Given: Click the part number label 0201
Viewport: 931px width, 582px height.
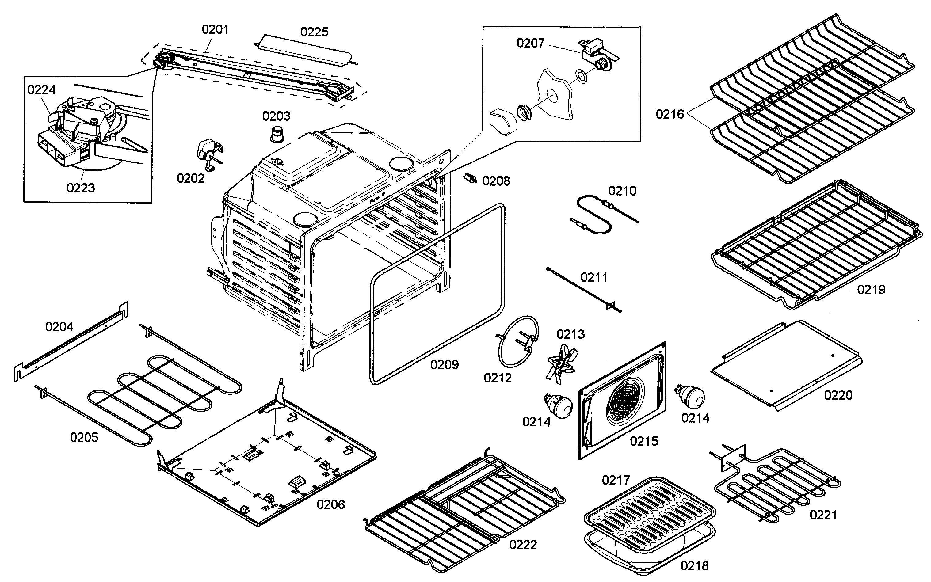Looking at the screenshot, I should point(215,30).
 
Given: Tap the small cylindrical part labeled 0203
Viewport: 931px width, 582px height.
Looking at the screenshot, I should point(276,135).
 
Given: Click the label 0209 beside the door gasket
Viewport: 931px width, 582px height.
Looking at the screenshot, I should point(444,364).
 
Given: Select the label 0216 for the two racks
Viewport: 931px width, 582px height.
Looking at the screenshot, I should point(670,114).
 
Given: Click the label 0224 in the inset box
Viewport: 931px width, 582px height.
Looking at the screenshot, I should point(41,90).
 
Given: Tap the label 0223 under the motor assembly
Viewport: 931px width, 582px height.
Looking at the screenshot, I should point(81,188).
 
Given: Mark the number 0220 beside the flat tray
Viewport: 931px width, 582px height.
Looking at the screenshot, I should point(838,395).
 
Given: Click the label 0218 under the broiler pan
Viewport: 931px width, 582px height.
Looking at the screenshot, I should point(694,565).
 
